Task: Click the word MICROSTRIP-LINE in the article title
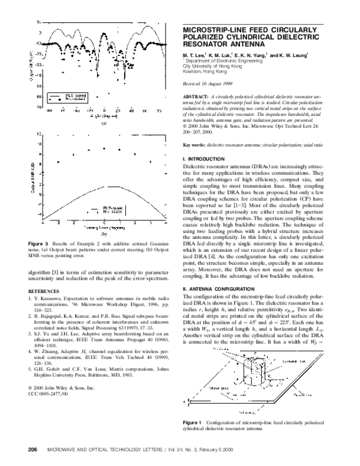pos(218,29)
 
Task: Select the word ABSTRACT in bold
pos(196,97)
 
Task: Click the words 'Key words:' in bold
pos(195,145)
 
